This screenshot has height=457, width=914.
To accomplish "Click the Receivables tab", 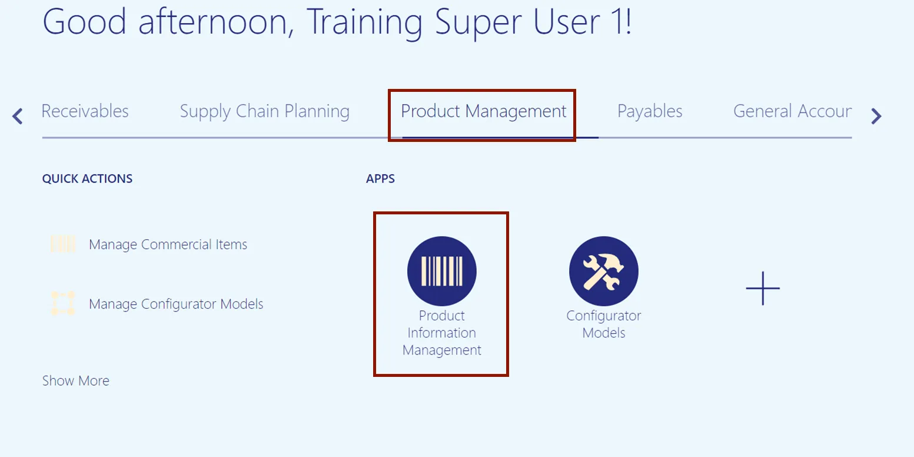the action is (85, 111).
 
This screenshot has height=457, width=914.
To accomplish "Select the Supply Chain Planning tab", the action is (264, 111).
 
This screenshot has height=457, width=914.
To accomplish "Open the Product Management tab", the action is (484, 111).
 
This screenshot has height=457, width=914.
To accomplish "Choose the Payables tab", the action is (650, 111).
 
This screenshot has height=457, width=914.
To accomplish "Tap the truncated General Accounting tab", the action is (792, 111).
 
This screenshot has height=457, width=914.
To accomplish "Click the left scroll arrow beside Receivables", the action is (18, 116).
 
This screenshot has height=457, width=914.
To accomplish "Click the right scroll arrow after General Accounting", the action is (876, 116).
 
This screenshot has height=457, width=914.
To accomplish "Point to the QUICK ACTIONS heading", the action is (87, 178).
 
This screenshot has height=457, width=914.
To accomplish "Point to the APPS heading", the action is (380, 178).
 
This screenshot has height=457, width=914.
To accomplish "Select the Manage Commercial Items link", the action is (168, 244).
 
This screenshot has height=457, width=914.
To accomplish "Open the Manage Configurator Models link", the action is (176, 304).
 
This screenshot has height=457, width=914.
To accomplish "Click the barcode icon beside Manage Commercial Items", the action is (63, 244).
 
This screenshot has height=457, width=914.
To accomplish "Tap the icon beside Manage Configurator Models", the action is (63, 303).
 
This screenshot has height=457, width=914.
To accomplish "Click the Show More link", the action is (76, 380).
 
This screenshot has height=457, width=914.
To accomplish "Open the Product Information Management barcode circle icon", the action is (441, 271).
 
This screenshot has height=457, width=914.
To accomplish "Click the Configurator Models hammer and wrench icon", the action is (603, 271).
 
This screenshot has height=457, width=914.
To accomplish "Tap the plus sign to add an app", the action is (763, 289).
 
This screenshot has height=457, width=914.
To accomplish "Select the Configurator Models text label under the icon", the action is (603, 324).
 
